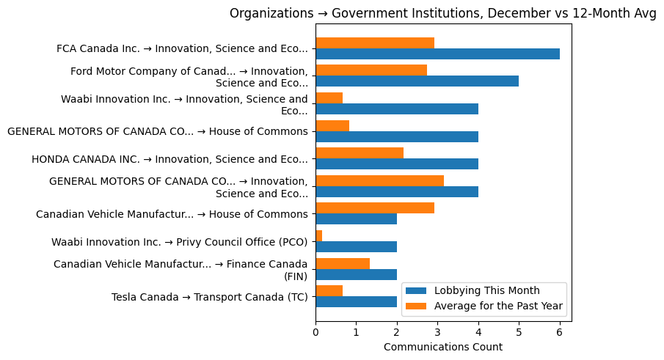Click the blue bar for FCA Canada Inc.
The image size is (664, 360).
437,54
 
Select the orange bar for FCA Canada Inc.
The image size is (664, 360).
375,43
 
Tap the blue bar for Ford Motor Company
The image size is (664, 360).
417,81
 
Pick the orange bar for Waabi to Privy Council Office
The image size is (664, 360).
319,235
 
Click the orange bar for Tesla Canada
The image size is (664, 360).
329,290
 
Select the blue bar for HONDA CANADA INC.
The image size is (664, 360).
397,164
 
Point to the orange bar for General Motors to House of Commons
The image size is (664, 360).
332,125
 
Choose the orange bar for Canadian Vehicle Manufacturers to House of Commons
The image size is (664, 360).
375,208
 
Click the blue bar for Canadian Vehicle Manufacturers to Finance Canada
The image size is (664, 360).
356,274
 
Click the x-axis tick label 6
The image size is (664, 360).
560,332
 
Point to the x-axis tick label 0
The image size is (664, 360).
315,332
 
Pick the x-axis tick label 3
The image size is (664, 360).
437,332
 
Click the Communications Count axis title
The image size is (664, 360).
443,347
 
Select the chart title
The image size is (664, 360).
443,13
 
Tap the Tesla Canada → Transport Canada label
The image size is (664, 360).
209,297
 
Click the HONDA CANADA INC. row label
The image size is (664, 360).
169,159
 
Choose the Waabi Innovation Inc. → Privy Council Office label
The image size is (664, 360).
179,242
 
